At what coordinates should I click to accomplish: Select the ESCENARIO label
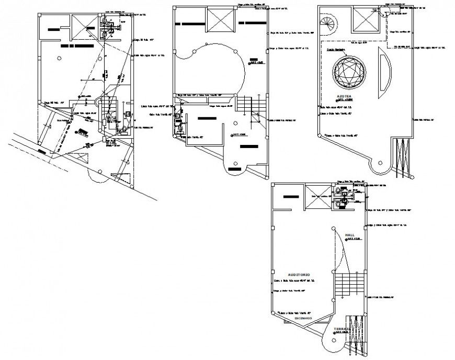click(x=303, y=318)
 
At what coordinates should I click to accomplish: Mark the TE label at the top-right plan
click(x=374, y=11)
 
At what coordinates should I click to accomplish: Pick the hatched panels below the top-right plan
click(x=403, y=157)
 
